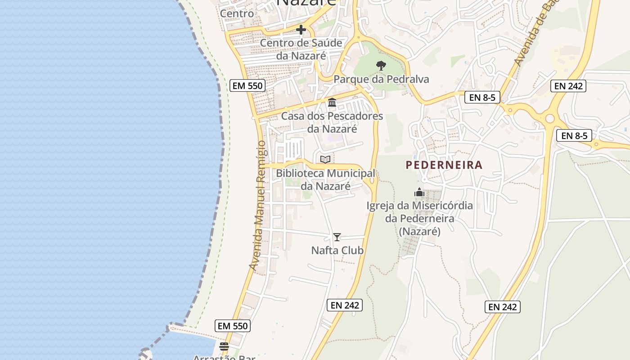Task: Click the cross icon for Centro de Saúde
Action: [301, 30]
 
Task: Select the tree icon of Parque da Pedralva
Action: [381, 66]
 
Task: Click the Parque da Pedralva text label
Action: [381, 80]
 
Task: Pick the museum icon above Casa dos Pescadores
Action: [332, 103]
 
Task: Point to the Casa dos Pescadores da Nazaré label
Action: [332, 122]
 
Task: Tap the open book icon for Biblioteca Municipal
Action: [325, 159]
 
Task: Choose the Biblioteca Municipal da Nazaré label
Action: [325, 180]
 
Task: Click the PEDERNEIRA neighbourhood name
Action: [444, 165]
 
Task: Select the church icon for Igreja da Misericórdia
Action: [419, 193]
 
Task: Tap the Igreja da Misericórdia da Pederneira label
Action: [419, 219]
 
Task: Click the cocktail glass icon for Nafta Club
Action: [337, 237]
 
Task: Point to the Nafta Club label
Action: [337, 250]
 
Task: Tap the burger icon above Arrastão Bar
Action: [224, 346]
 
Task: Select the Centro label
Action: [237, 13]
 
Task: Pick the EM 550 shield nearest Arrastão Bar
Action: [233, 326]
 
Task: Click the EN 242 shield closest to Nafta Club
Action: [345, 305]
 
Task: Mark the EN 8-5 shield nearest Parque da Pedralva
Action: [482, 97]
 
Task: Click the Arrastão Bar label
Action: [224, 357]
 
